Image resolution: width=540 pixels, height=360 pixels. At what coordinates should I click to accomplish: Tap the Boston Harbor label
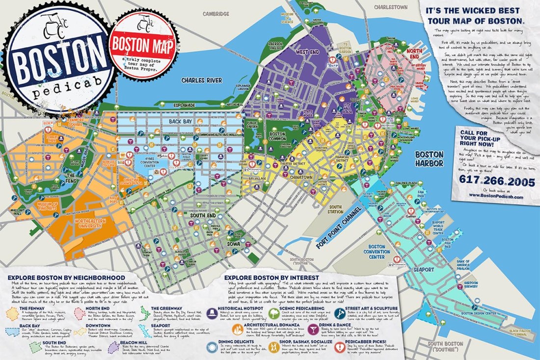pos(429,158)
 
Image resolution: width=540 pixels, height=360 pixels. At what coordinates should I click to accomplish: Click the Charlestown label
pos(390,7)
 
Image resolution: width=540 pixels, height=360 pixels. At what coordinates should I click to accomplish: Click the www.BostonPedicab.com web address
pos(495,195)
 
